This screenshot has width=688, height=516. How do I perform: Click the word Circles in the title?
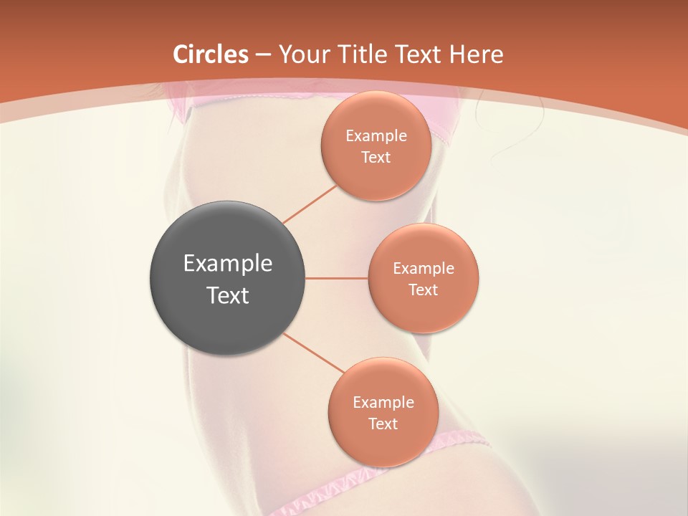(x=211, y=54)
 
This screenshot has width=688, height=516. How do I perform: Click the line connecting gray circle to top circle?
(x=310, y=204)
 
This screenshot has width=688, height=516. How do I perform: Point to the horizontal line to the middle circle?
(x=337, y=278)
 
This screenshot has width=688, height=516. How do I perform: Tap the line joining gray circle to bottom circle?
(x=314, y=353)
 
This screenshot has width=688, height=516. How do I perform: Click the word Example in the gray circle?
(x=228, y=264)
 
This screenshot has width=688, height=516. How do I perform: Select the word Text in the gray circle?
(x=228, y=295)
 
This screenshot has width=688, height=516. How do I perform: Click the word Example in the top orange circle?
(x=376, y=136)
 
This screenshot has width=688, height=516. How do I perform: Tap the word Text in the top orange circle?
(x=376, y=157)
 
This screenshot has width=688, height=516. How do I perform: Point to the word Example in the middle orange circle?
(x=424, y=269)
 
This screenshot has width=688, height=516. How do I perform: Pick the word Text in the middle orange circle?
(x=423, y=290)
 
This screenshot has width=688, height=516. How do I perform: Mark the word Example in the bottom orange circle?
(x=383, y=403)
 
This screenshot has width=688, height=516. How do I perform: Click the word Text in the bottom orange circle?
(x=383, y=424)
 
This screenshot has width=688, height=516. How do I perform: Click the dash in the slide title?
(x=263, y=55)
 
